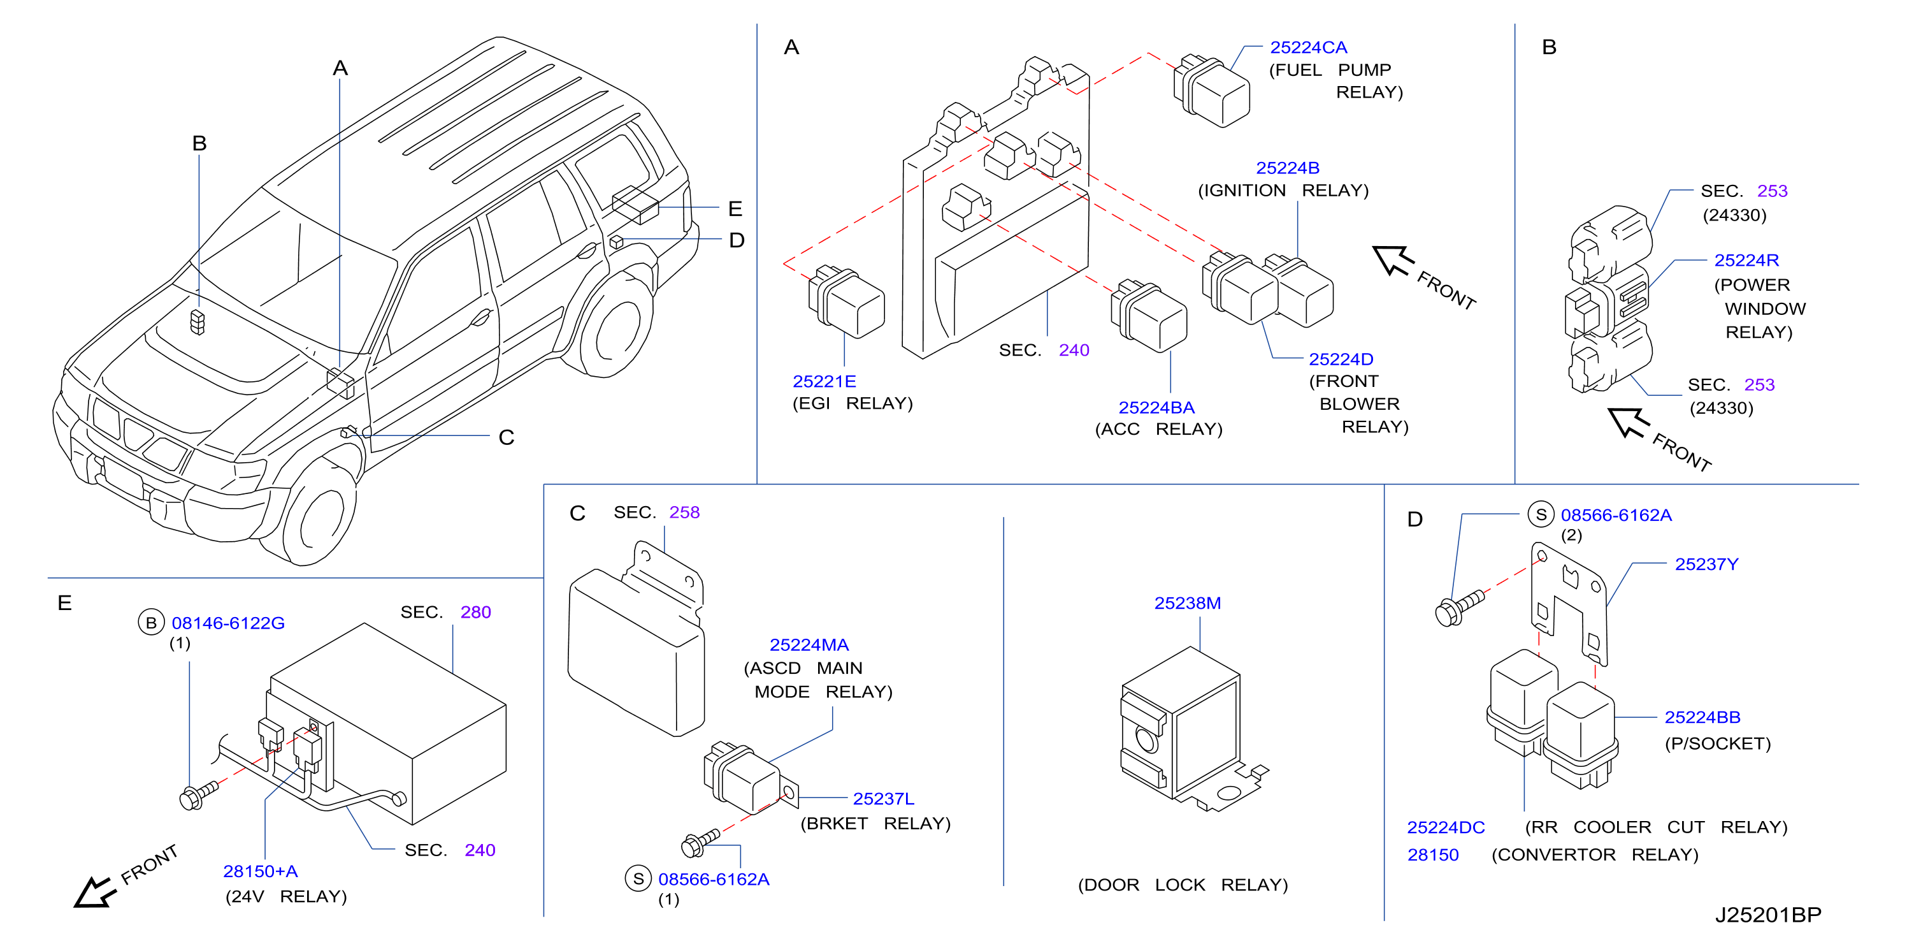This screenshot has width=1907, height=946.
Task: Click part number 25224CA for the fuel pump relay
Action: click(x=1308, y=47)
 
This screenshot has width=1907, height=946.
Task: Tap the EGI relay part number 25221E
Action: click(x=824, y=381)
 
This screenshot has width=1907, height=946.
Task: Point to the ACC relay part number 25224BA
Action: click(x=1156, y=407)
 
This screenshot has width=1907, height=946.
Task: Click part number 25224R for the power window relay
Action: click(x=1746, y=261)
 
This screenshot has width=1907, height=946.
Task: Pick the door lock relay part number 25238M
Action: click(x=1188, y=603)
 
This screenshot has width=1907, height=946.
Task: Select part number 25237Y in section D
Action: click(x=1706, y=565)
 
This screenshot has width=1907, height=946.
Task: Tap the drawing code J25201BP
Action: click(x=1768, y=915)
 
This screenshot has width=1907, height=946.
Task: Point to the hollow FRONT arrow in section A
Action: click(x=1393, y=260)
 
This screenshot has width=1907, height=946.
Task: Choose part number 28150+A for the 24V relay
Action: click(x=261, y=871)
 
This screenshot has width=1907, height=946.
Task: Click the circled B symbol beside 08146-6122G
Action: click(x=151, y=623)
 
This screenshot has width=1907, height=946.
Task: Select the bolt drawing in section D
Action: click(x=1459, y=608)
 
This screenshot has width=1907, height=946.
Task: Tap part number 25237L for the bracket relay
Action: click(x=883, y=799)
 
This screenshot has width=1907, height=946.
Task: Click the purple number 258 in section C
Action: click(x=684, y=513)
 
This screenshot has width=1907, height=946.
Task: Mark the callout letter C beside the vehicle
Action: click(x=507, y=438)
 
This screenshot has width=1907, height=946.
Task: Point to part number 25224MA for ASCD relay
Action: click(x=809, y=645)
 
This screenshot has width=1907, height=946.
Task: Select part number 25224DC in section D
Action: click(x=1446, y=827)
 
